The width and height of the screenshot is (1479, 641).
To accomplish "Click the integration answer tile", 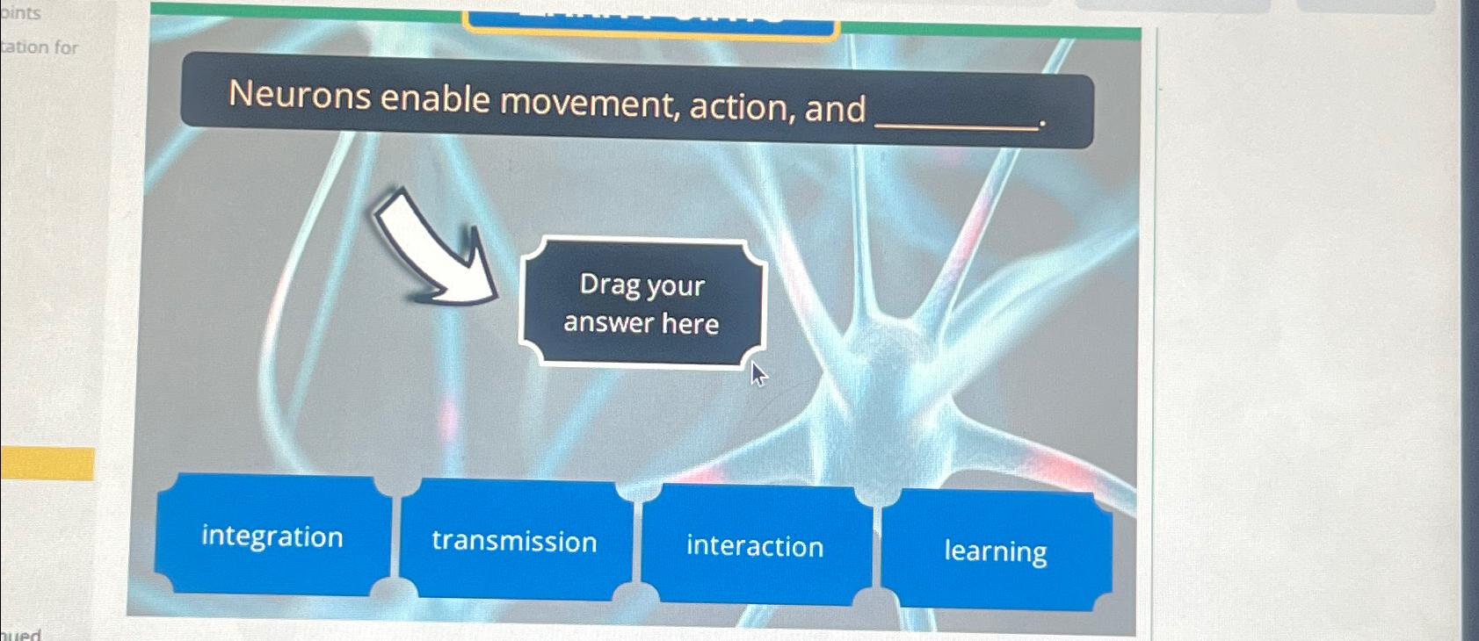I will click(272, 536).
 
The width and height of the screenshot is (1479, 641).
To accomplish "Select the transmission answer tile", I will click(515, 541).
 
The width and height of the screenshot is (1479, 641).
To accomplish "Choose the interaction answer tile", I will click(756, 546).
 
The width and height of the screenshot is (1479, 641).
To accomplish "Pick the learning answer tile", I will click(996, 551).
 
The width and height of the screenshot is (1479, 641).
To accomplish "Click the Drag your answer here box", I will click(642, 303).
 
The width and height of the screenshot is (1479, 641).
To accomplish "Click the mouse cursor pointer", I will click(758, 374).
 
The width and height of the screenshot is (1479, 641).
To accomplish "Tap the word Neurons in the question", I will click(300, 95).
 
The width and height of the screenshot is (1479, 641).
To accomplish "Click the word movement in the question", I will click(591, 103).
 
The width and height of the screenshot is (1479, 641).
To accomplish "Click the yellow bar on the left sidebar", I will click(47, 464).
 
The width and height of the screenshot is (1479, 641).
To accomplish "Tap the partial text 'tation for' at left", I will click(40, 47).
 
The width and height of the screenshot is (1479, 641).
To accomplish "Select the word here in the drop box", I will click(690, 324).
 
